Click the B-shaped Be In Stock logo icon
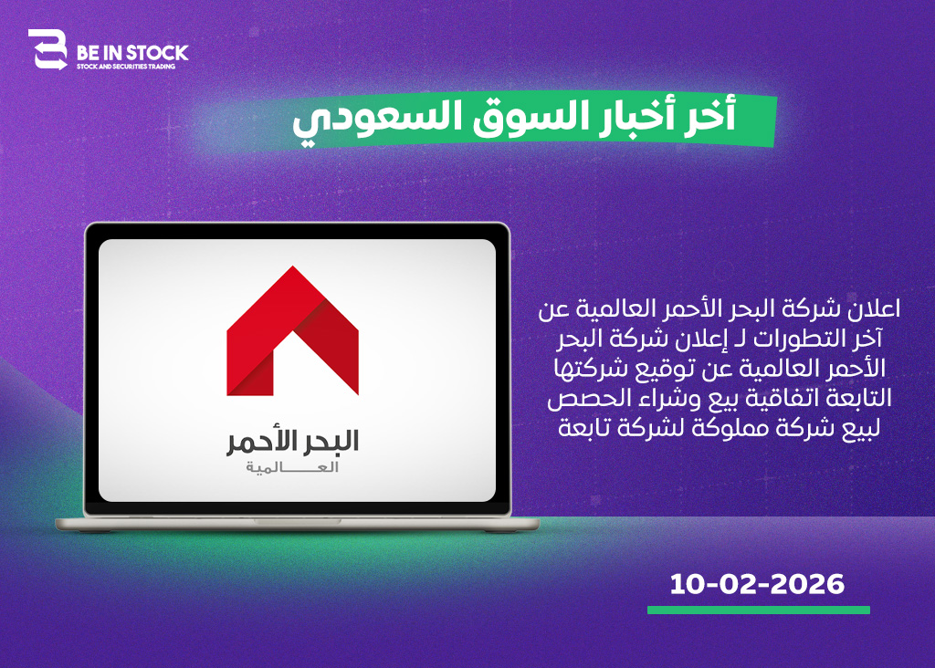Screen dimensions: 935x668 point(48,49)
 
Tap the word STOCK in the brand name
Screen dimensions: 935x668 point(157,53)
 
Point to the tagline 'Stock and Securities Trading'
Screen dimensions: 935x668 point(126,67)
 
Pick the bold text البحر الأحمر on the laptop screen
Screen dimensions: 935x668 point(292,442)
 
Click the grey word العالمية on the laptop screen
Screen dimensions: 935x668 point(292,468)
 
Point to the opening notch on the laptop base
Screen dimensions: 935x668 point(297,521)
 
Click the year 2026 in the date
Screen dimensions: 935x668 point(807,584)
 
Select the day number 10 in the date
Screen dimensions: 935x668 point(689,584)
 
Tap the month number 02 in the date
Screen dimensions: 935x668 point(739,584)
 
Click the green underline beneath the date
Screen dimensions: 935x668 point(759,610)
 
